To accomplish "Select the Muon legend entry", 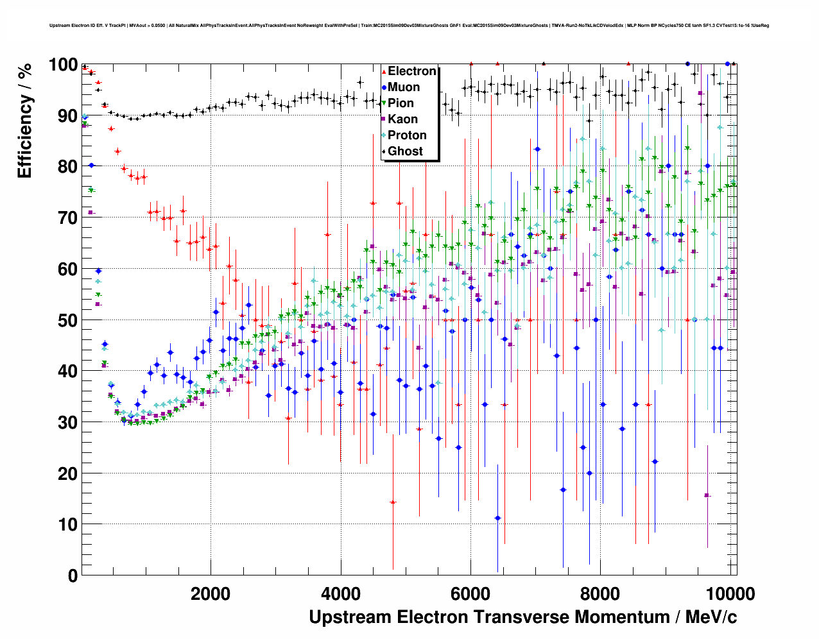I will coord(404,87).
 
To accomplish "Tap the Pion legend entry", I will coord(401,103).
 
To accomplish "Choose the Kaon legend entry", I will coord(402,119).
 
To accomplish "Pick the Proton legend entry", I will coord(407,135).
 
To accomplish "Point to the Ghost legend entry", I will coord(405,151).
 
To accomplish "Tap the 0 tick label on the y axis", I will coord(73,575).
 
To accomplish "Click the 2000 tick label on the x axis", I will coord(211,593).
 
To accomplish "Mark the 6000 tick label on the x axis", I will coord(470,593).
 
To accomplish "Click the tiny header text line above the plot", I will coord(409,26).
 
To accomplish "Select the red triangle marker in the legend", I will coord(384,71).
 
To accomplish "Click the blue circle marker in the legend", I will coord(384,87).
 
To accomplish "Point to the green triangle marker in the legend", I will coord(384,103).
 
